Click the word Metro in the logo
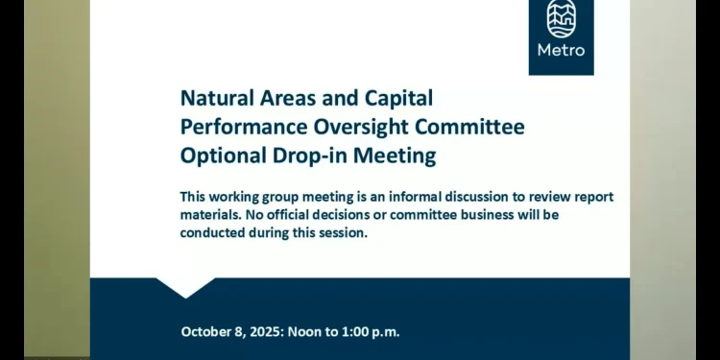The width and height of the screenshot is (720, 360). coord(562,50)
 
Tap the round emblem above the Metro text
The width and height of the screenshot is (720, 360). coord(562,19)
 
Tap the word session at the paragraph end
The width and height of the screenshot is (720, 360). coord(341,232)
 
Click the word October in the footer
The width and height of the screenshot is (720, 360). coord(206,332)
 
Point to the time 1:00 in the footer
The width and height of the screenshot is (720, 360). coord(349,332)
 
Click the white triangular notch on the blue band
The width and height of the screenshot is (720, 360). coord(185,286)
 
